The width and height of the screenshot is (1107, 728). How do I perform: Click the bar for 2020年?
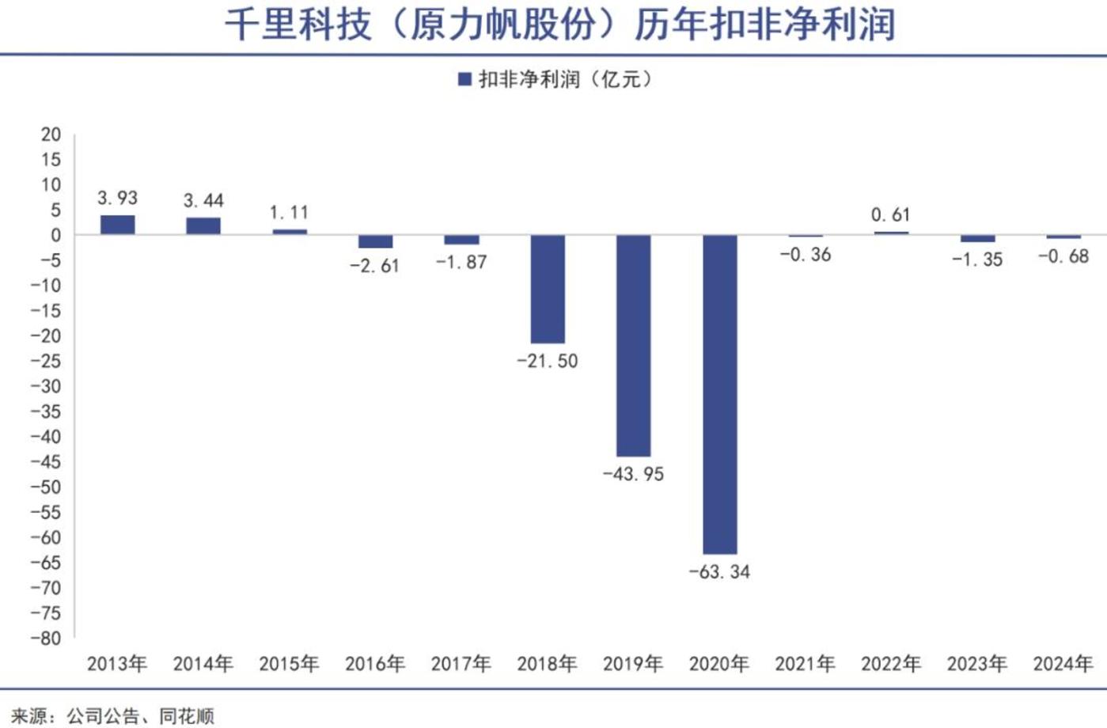[719, 393]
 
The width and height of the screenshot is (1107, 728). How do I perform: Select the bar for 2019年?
[633, 345]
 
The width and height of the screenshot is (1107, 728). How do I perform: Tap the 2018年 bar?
[548, 289]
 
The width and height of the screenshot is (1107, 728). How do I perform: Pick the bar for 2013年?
[117, 225]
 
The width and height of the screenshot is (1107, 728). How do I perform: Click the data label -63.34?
[719, 571]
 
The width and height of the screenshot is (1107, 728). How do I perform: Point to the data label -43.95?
[633, 474]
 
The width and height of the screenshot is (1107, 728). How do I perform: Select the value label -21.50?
[548, 361]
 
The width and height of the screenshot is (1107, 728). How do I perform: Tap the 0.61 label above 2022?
[890, 214]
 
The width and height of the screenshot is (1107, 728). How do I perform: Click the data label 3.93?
[117, 198]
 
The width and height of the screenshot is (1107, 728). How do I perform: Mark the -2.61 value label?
[375, 266]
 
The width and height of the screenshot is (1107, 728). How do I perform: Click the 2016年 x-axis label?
[375, 663]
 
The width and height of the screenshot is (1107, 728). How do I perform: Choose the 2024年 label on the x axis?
[1063, 663]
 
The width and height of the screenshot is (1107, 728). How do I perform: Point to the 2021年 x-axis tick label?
[805, 663]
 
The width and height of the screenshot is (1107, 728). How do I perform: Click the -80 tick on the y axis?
[45, 638]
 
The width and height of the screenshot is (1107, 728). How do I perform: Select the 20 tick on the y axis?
[51, 135]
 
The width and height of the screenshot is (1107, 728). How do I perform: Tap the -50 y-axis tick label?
[45, 487]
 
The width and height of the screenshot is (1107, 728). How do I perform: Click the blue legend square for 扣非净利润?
[465, 79]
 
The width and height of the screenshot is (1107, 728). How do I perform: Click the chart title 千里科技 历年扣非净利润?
[559, 25]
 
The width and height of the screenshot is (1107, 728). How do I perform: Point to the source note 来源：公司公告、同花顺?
[112, 716]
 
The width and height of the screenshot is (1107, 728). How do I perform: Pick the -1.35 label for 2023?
[976, 260]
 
